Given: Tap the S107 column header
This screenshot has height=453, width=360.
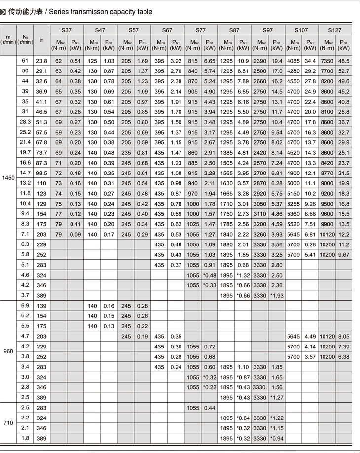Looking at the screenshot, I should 301,30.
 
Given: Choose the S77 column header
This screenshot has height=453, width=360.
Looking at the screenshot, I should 201,30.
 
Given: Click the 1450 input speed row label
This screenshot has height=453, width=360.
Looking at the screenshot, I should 8,177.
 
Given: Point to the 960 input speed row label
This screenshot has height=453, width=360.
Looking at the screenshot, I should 8,351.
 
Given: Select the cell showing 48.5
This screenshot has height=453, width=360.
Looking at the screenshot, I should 344,61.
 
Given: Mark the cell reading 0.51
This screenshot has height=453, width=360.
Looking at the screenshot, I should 75,61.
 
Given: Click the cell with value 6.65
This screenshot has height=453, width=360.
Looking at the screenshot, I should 210,61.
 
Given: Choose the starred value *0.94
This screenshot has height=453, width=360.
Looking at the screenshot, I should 277,438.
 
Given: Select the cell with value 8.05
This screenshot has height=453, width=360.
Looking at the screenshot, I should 344,337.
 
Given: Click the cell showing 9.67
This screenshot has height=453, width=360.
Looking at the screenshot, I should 344,255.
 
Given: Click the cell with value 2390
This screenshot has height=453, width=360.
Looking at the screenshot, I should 260,61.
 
